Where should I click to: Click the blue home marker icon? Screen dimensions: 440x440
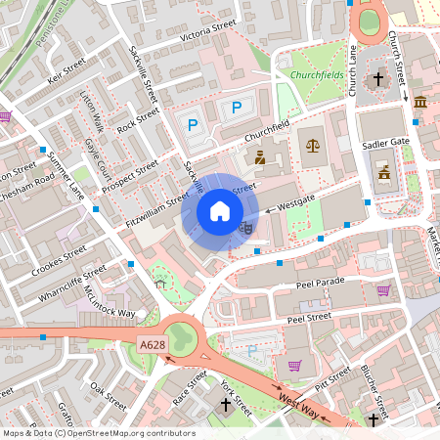pyautogui.click(x=220, y=210)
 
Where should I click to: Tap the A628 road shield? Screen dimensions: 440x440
pyautogui.click(x=153, y=344)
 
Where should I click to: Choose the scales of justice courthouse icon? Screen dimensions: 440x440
pyautogui.click(x=313, y=145)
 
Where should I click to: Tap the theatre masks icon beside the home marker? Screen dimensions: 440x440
pyautogui.click(x=245, y=227)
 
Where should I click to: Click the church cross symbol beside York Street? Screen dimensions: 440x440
pyautogui.click(x=225, y=404)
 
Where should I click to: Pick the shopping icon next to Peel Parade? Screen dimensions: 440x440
pyautogui.click(x=384, y=289)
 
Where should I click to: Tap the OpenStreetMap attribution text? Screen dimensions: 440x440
pyautogui.click(x=99, y=433)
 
